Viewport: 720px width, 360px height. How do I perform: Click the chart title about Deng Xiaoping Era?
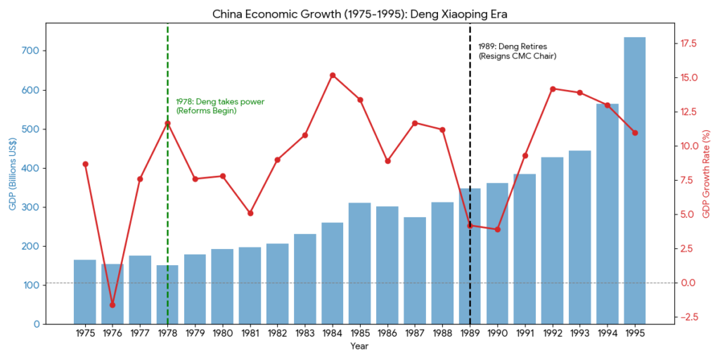click(359, 13)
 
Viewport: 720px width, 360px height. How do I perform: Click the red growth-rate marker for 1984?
click(332, 75)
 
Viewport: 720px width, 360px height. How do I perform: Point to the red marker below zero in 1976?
click(112, 305)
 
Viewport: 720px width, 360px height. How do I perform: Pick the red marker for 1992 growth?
click(552, 89)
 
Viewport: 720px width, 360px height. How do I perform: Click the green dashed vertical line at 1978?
click(167, 211)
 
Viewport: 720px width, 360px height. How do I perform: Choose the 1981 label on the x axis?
click(250, 333)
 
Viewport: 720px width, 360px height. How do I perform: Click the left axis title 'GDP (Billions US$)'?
click(12, 173)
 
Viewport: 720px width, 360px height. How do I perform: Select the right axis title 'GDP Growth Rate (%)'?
click(707, 173)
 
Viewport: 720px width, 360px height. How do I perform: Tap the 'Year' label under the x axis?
click(359, 346)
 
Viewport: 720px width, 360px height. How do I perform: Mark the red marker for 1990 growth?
click(497, 229)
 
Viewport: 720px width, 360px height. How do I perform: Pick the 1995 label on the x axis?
click(634, 333)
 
